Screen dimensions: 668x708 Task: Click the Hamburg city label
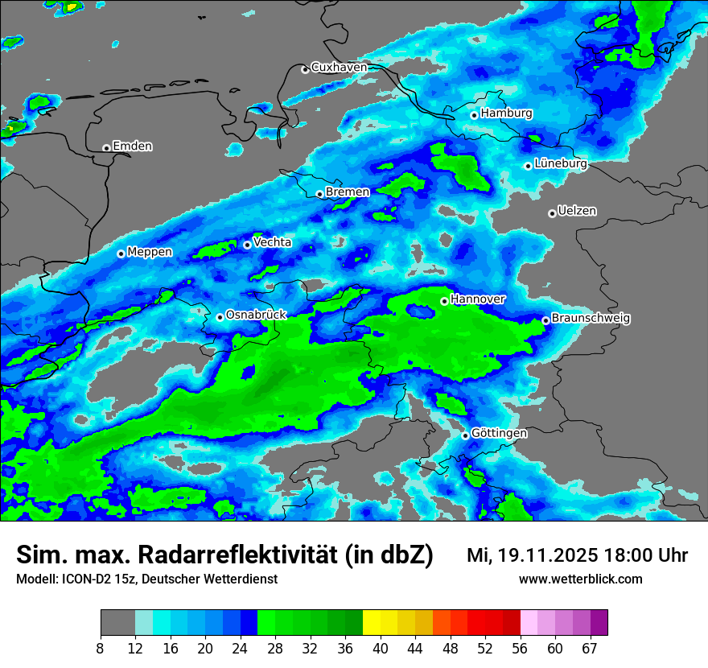coord(506,113)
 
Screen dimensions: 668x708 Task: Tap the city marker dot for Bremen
coord(319,194)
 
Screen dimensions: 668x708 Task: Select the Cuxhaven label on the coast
coord(339,68)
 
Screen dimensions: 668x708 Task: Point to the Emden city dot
coord(106,148)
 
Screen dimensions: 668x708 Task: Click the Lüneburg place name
coord(560,164)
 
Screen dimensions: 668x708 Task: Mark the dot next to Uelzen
coord(552,213)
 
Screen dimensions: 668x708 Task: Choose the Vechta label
coord(272,242)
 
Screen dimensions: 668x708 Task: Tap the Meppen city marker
coord(121,254)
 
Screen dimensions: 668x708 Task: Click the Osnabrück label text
coord(256,315)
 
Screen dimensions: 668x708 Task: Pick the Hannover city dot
coord(444,301)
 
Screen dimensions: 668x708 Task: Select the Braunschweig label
coord(591,319)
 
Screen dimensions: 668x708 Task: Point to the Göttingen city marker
coord(465,435)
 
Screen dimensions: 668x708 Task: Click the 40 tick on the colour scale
coord(381,649)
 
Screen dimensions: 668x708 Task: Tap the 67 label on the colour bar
coord(590,649)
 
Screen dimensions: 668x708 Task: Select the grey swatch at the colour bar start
coord(117,623)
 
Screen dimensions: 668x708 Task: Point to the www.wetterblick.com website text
coord(580,579)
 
